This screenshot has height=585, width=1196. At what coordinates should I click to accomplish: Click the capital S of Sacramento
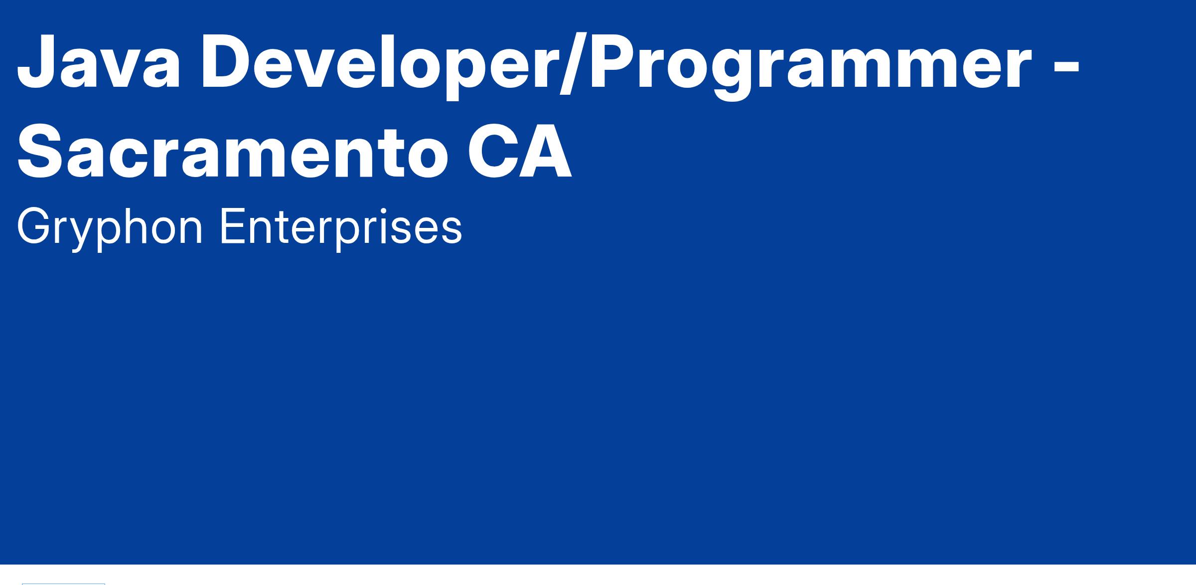42,150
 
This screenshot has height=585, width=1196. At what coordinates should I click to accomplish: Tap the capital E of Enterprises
233,226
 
